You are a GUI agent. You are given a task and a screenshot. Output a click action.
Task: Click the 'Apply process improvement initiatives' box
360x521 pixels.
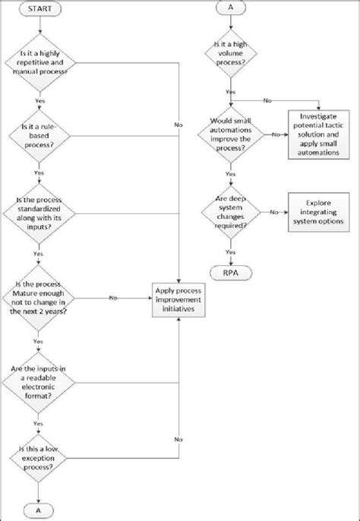[179, 302]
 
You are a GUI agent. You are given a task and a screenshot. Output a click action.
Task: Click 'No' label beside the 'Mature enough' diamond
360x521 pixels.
[112, 297]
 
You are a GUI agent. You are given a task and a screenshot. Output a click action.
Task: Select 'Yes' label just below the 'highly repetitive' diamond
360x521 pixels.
[39, 99]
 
